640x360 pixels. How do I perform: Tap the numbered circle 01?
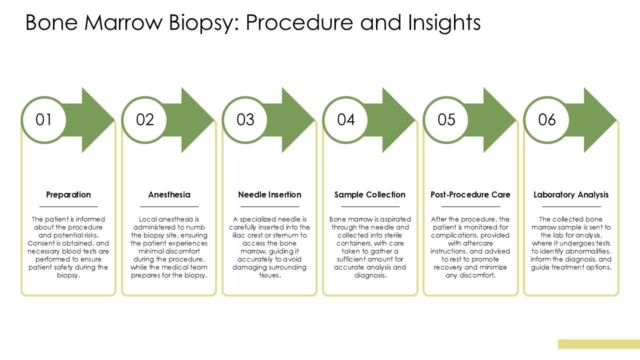point(44,120)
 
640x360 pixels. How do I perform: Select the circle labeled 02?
point(144,120)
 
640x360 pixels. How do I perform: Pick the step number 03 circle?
point(245,120)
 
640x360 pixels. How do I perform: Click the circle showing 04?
point(345,120)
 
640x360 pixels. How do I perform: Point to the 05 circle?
point(446,120)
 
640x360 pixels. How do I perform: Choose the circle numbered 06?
point(547,120)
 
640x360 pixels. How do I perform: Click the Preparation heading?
point(68,195)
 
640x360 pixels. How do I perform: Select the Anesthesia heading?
point(169,195)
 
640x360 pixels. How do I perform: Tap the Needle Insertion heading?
point(269,195)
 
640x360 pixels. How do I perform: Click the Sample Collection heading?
point(370,195)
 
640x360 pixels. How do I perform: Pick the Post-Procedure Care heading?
point(470,195)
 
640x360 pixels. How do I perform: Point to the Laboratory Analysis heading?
point(571,195)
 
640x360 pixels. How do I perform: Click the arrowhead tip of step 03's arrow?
point(314,120)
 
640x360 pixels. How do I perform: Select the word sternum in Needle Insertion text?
point(285,235)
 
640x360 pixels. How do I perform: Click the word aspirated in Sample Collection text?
point(395,219)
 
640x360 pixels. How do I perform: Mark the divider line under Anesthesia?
point(169,206)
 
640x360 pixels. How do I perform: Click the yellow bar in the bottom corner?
point(599,344)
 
